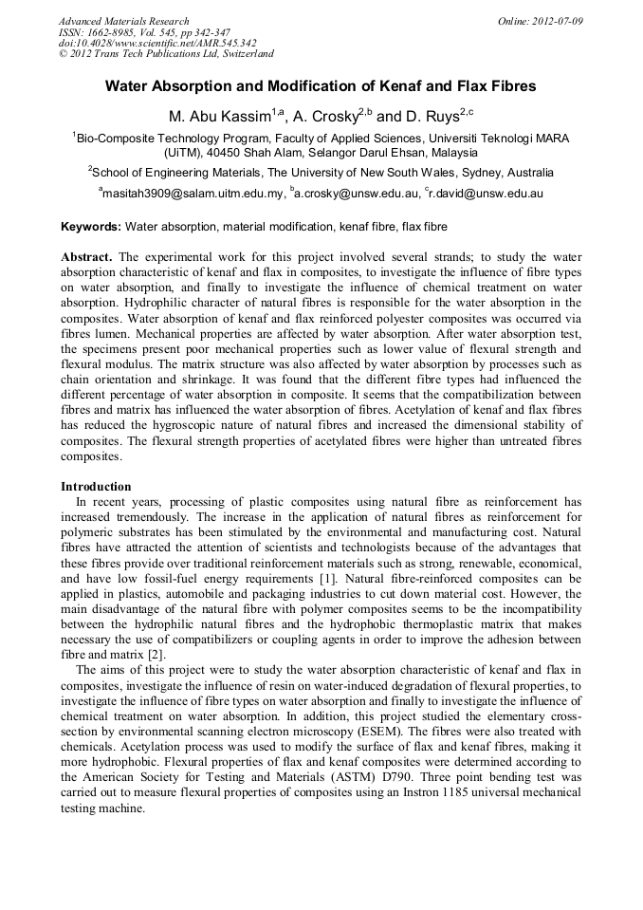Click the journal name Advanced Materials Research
pyautogui.click(x=123, y=21)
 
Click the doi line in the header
pyautogui.click(x=157, y=43)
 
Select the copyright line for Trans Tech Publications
pyautogui.click(x=166, y=54)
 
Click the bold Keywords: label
pyautogui.click(x=91, y=228)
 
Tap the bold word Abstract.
pyautogui.click(x=87, y=257)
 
